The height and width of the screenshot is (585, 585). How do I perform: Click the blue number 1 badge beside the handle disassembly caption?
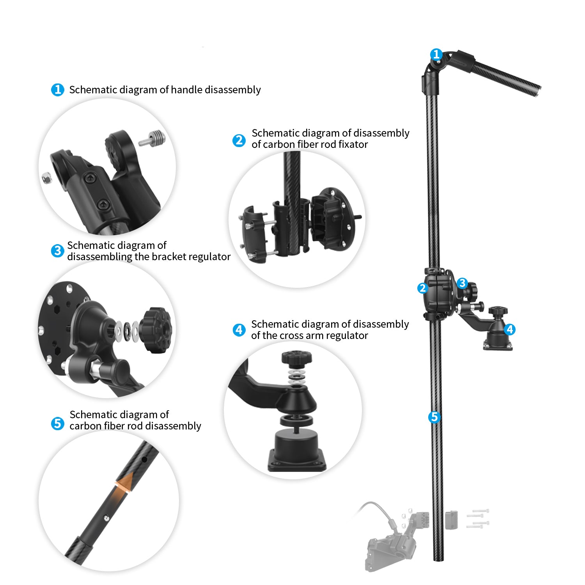(x=57, y=90)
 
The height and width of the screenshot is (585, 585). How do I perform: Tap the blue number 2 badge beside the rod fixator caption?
(x=239, y=140)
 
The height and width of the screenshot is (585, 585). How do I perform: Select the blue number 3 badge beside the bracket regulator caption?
(x=57, y=251)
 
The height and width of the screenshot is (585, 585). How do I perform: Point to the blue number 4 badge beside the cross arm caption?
(x=239, y=330)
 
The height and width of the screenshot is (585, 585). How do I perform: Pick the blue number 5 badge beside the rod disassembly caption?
(x=57, y=423)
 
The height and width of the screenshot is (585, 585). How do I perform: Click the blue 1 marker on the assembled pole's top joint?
(x=436, y=54)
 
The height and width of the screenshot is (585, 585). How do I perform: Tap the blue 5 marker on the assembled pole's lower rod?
(x=434, y=417)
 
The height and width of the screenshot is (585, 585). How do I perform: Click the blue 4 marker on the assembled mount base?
(x=509, y=329)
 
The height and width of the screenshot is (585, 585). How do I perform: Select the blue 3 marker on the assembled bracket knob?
(x=462, y=283)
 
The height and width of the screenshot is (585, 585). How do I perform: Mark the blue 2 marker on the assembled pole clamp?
(x=422, y=288)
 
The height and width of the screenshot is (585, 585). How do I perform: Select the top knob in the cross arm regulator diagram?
(x=297, y=358)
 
